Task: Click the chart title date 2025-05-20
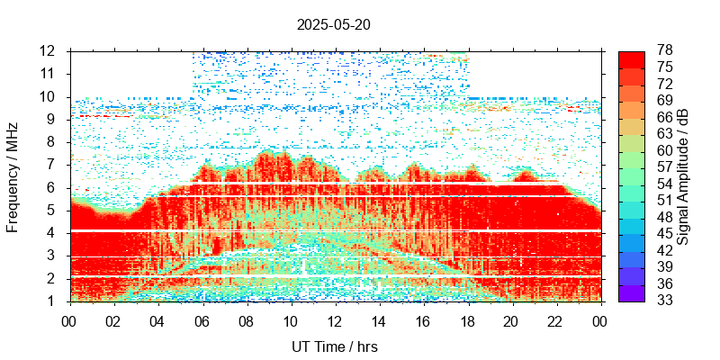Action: pyautogui.click(x=333, y=24)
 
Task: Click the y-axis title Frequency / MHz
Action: pyautogui.click(x=13, y=175)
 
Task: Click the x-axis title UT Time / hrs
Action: pyautogui.click(x=334, y=346)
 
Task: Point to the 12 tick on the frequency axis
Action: pyautogui.click(x=49, y=50)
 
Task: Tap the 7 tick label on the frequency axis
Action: pyautogui.click(x=52, y=165)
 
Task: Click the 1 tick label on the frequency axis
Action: pyautogui.click(x=52, y=301)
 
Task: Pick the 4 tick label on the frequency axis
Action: pyautogui.click(x=52, y=233)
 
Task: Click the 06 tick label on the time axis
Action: pyautogui.click(x=202, y=319)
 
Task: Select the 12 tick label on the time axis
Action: pyautogui.click(x=334, y=319)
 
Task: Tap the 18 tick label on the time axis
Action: pyautogui.click(x=467, y=319)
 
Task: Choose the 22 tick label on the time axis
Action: pyautogui.click(x=555, y=319)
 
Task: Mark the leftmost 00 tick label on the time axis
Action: pyautogui.click(x=69, y=319)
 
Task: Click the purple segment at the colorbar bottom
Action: pyautogui.click(x=632, y=293)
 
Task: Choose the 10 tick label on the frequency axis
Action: pyautogui.click(x=49, y=96)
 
